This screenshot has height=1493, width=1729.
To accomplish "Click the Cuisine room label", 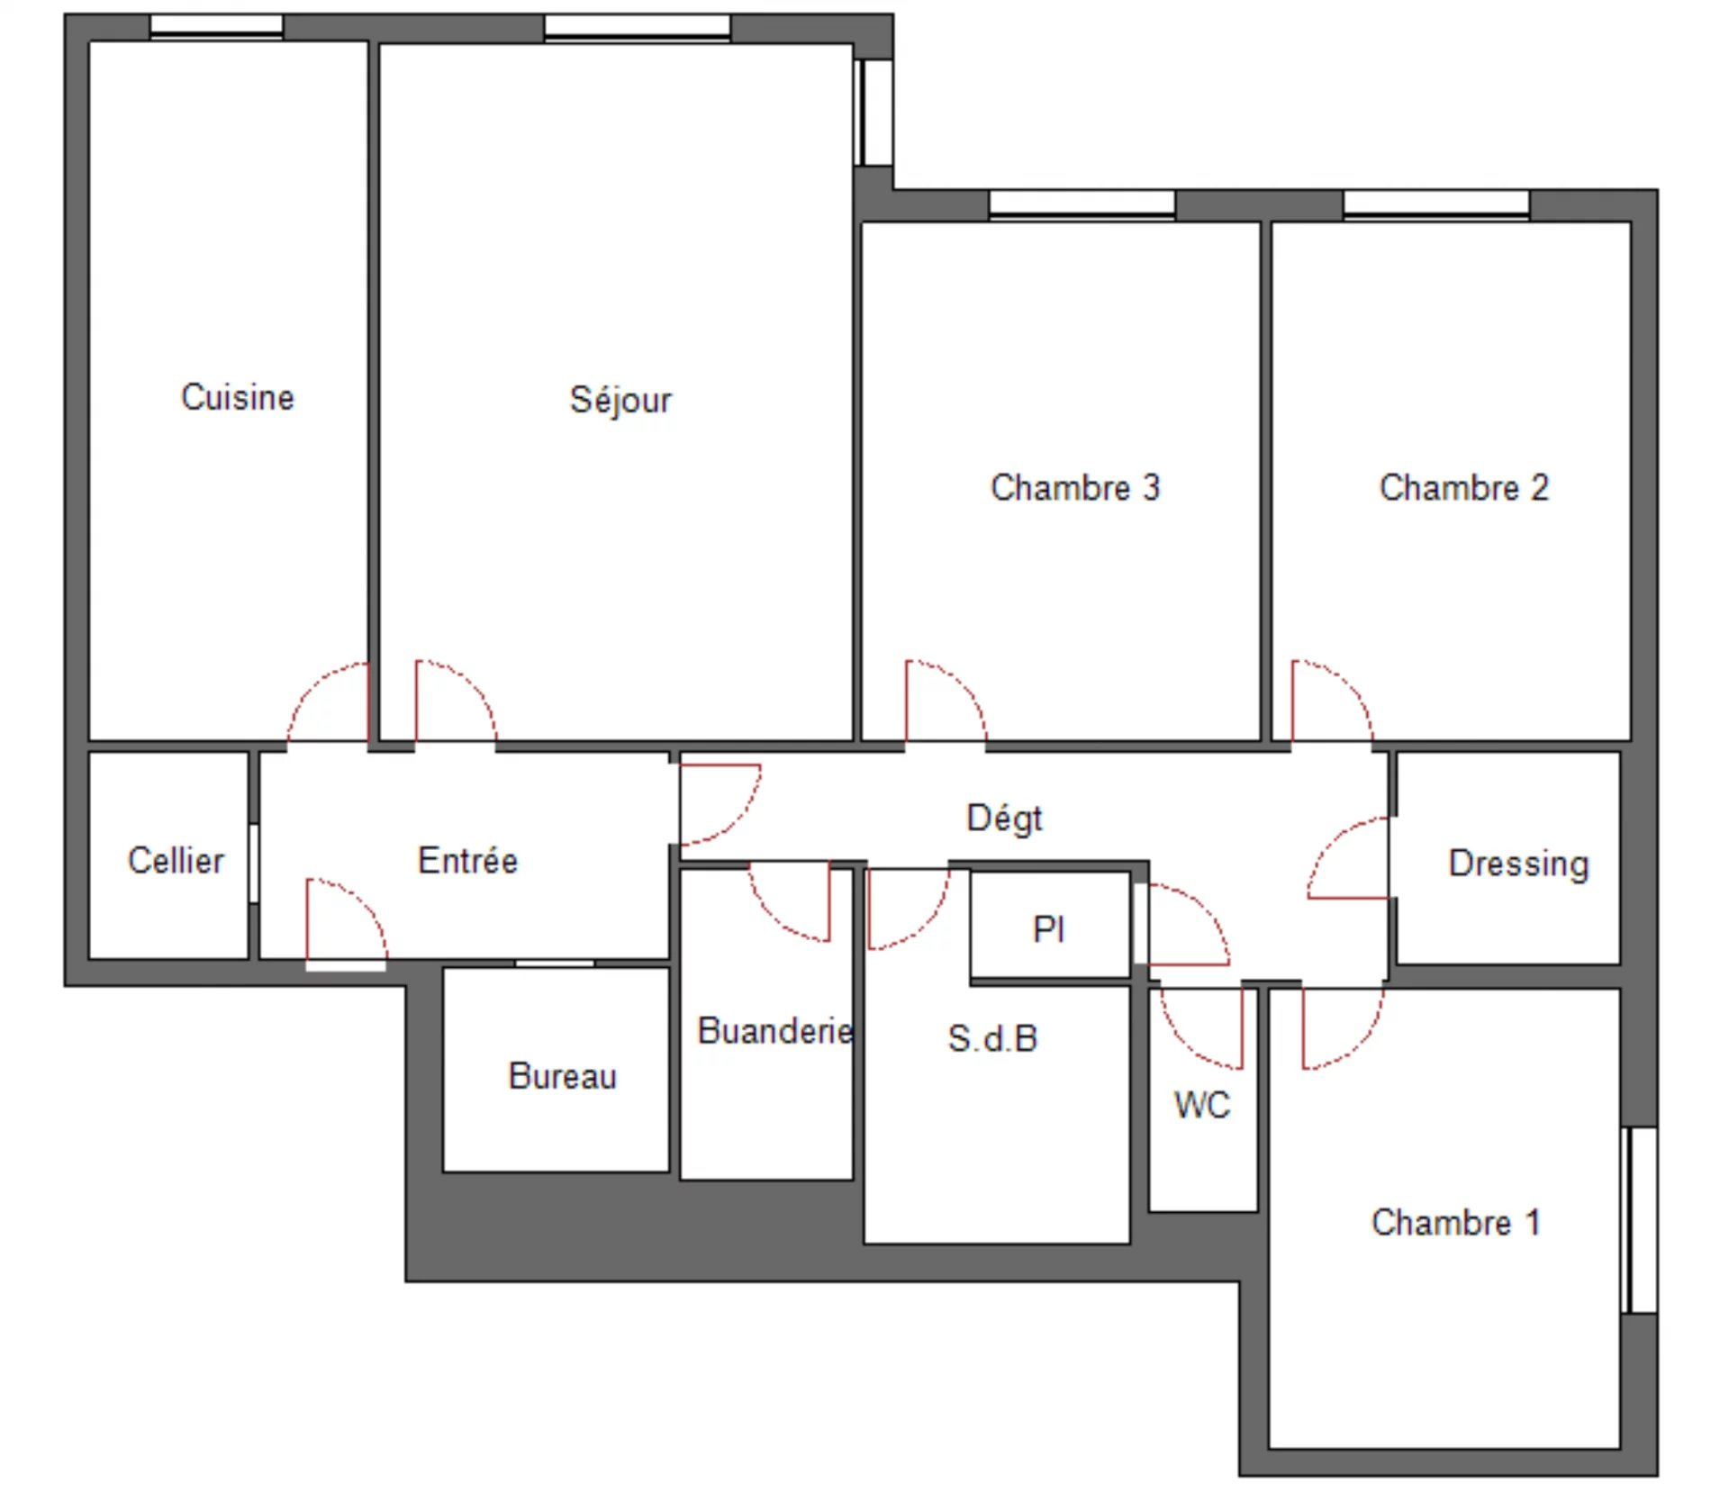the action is pos(238,397).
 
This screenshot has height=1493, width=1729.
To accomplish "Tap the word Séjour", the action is pos(620,400).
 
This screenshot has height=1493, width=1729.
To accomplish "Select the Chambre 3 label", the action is pos(1075,487).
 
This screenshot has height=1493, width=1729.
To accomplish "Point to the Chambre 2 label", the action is pos(1464,487).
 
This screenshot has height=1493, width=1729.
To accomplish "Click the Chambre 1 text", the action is pos(1456,1222).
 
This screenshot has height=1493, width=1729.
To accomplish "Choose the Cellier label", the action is pos(176,860).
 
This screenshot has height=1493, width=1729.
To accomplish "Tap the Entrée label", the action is pos(468,860).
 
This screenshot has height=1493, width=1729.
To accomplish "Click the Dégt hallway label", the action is pos(1004,818).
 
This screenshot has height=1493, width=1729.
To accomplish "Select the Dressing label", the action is pos(1518,864).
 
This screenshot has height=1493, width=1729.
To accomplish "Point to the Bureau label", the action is pos(563,1076).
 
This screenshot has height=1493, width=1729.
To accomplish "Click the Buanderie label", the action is pos(775,1031).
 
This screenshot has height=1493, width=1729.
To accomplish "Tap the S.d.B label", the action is pos(992,1038).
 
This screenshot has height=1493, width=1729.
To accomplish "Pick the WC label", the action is pos(1202,1105).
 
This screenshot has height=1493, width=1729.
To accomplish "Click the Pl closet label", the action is pos(1049,928).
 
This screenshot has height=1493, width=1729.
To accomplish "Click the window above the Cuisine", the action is pos(216,26).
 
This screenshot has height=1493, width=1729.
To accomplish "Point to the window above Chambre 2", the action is pos(1436,204).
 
